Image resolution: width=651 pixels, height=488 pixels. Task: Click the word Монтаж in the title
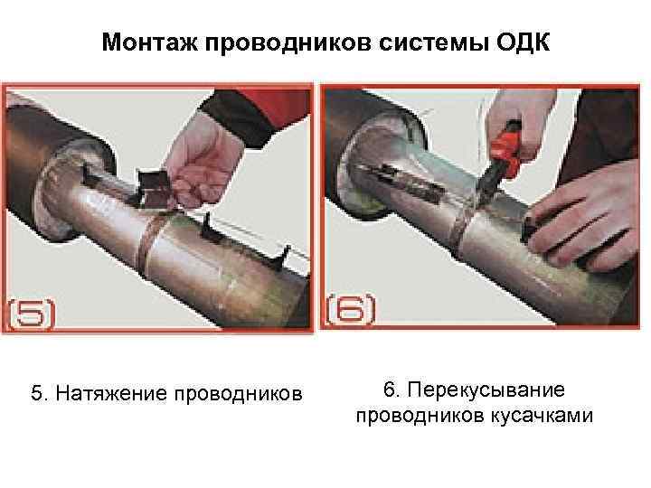click(150, 42)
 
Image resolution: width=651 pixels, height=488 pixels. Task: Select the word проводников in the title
click(288, 43)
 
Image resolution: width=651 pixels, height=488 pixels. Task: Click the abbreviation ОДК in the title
click(523, 42)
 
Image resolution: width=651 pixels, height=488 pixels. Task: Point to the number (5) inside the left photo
click(32, 314)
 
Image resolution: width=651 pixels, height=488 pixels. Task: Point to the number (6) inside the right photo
click(351, 310)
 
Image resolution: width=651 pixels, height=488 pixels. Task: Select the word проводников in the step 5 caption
click(238, 393)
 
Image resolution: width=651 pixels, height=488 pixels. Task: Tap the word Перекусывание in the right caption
click(486, 390)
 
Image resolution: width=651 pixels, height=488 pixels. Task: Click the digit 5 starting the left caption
click(37, 393)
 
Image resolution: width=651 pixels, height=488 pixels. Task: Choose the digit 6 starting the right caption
click(390, 390)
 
